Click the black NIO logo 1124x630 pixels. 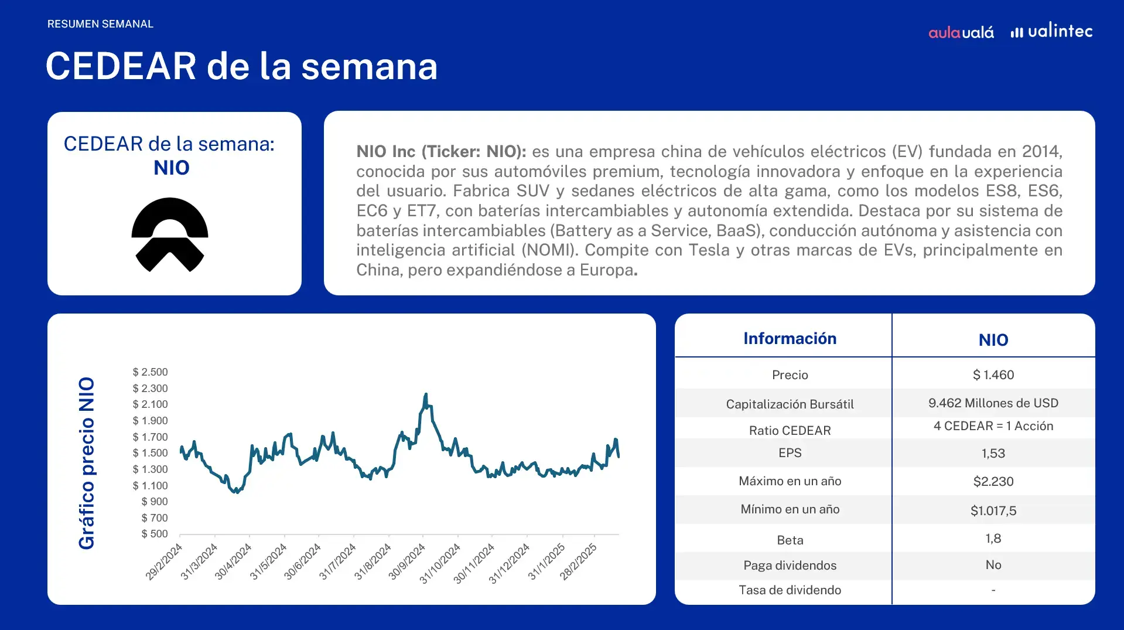click(x=170, y=234)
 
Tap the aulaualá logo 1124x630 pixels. click(x=961, y=32)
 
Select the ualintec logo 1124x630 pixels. click(x=1051, y=30)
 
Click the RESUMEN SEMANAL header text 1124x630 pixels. click(x=100, y=24)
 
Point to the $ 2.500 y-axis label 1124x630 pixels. click(x=150, y=372)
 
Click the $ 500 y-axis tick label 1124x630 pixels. click(x=155, y=534)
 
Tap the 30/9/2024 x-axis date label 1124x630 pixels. click(x=406, y=561)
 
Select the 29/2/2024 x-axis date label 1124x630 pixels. click(x=163, y=561)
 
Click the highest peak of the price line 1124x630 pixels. click(x=426, y=394)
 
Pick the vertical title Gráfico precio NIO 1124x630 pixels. click(x=87, y=463)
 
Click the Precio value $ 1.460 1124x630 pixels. click(x=993, y=375)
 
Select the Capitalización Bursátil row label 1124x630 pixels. click(x=790, y=404)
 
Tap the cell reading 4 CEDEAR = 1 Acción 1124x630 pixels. click(x=993, y=426)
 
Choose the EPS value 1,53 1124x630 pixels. click(x=993, y=454)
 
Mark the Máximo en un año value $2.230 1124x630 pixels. click(x=993, y=482)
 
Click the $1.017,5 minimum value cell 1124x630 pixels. click(x=993, y=511)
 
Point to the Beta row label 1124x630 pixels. click(x=790, y=540)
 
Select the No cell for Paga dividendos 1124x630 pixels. click(x=993, y=565)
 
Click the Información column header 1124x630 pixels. click(x=790, y=339)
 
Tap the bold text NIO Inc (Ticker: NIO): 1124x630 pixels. click(x=441, y=152)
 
